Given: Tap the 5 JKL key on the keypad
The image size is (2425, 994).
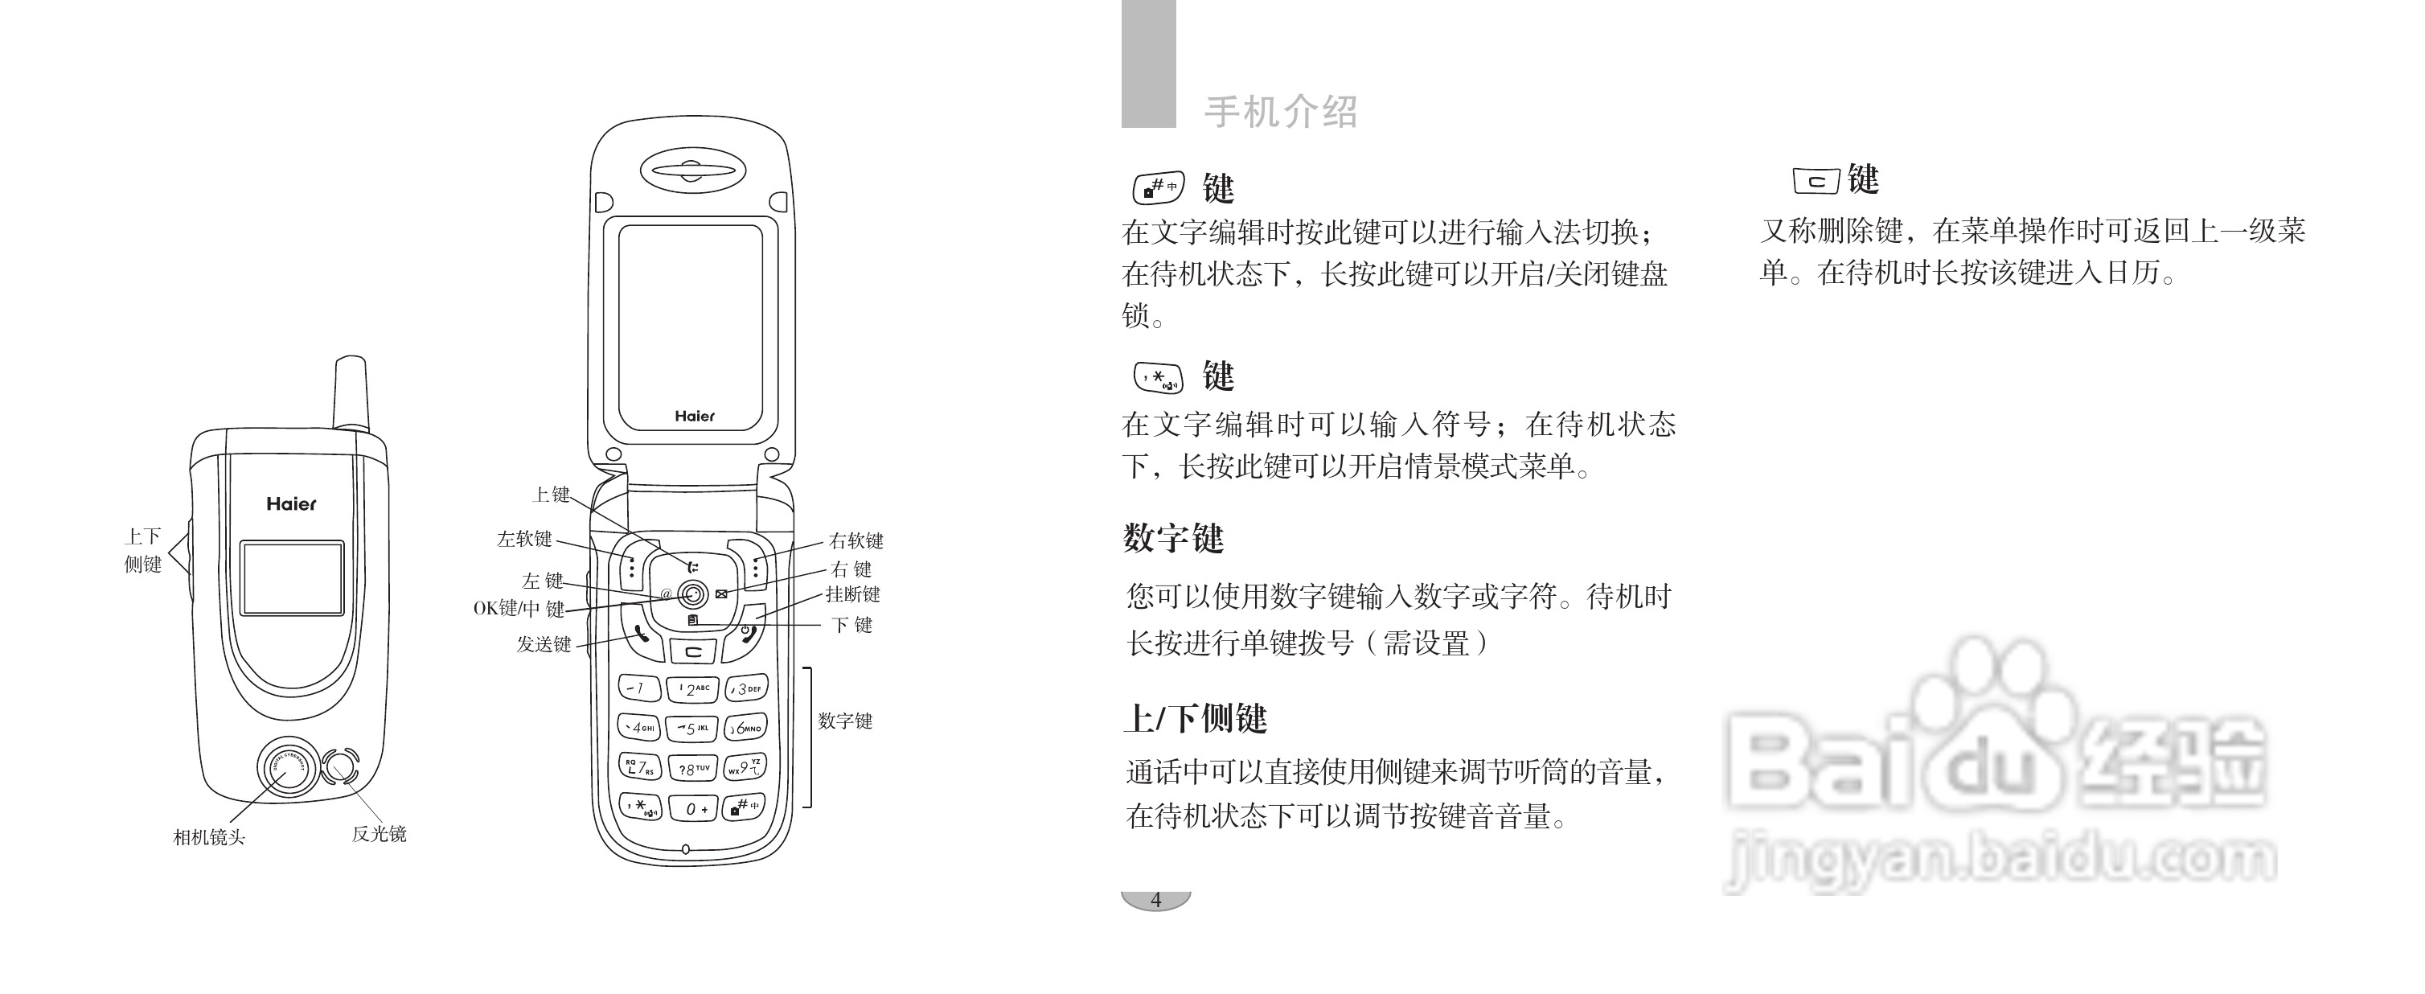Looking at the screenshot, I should (692, 728).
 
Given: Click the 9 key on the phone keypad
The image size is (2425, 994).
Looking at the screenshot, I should (745, 766).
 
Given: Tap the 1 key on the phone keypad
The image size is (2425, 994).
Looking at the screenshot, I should (638, 688).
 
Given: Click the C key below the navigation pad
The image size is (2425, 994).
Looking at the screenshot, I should (693, 651).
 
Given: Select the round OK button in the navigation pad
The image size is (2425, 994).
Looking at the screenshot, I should (693, 594).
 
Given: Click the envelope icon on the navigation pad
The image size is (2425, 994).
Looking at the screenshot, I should (721, 594).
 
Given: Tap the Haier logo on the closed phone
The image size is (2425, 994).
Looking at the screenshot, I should (292, 504).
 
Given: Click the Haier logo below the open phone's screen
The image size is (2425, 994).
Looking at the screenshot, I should (695, 416).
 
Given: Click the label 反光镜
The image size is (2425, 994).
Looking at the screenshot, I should (379, 834).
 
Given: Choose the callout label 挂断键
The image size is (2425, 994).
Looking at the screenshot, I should (853, 594).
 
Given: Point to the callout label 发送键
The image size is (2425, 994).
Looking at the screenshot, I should (544, 644).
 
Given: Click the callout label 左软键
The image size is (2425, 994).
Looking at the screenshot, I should (524, 539).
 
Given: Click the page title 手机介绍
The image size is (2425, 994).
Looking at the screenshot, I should (1281, 112).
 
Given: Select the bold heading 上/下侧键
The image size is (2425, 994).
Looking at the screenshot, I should (1196, 719).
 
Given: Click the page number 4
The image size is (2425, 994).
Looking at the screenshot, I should (1156, 900).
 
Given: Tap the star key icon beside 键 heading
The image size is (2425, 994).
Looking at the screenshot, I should (1158, 377).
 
